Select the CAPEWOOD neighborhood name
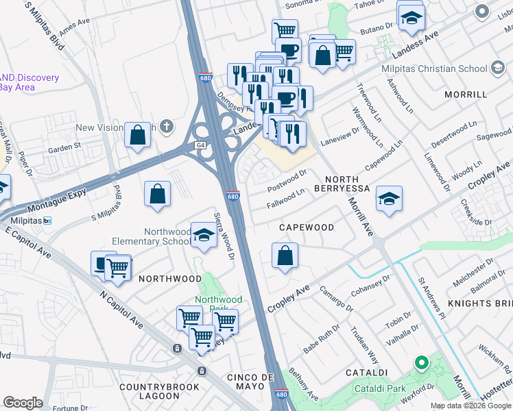pyautogui.click(x=306, y=227)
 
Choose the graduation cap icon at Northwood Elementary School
pyautogui.click(x=203, y=236)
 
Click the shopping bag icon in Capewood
pyautogui.click(x=285, y=256)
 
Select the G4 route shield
pyautogui.click(x=200, y=145)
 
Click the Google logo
pyautogui.click(x=23, y=403)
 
